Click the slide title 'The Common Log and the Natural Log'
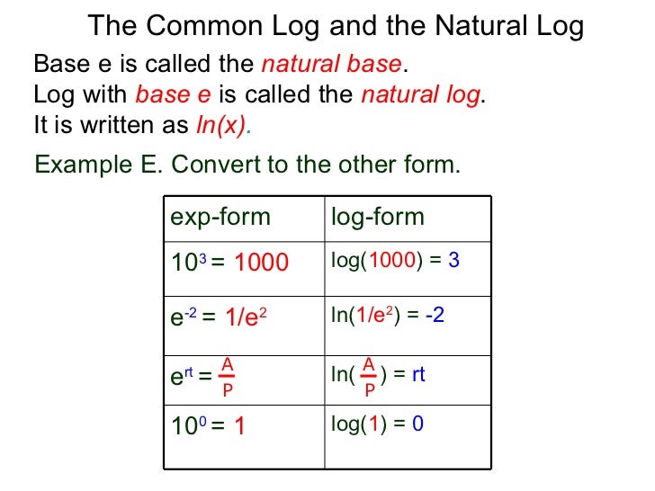pyautogui.click(x=336, y=26)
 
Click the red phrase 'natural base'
pyautogui.click(x=330, y=65)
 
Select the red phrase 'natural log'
pyautogui.click(x=420, y=94)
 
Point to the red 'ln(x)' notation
pyautogui.click(x=220, y=125)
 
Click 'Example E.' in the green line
pyautogui.click(x=99, y=165)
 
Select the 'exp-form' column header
pyautogui.click(x=220, y=218)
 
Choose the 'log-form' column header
pyautogui.click(x=378, y=218)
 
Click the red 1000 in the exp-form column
pyautogui.click(x=262, y=263)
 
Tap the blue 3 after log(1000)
pyautogui.click(x=454, y=261)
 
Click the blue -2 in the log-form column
pyautogui.click(x=435, y=316)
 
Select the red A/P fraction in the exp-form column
pyautogui.click(x=228, y=376)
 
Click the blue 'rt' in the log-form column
pyautogui.click(x=418, y=374)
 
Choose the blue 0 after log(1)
pyautogui.click(x=417, y=422)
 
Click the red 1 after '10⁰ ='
pyautogui.click(x=239, y=426)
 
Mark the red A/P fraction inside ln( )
pyautogui.click(x=369, y=377)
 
